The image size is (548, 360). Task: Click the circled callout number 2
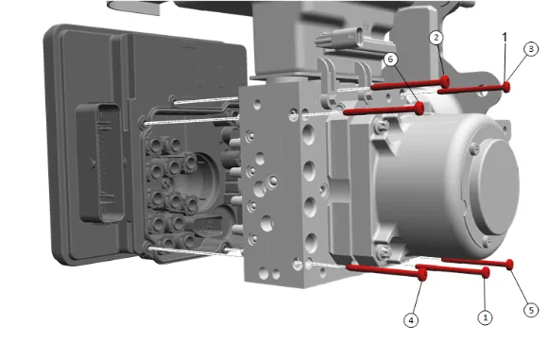pyautogui.click(x=436, y=38)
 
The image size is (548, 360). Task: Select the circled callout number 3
pyautogui.click(x=531, y=49)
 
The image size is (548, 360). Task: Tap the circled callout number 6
pyautogui.click(x=390, y=60)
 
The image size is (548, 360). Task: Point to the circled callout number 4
pyautogui.click(x=411, y=320)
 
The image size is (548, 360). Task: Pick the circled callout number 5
pyautogui.click(x=531, y=310)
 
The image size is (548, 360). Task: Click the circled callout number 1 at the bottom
pyautogui.click(x=485, y=317)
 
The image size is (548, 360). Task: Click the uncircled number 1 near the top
pyautogui.click(x=505, y=37)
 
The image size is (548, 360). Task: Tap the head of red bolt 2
pyautogui.click(x=445, y=81)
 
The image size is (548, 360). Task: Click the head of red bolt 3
pyautogui.click(x=506, y=87)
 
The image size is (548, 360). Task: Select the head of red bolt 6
pyautogui.click(x=420, y=109)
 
